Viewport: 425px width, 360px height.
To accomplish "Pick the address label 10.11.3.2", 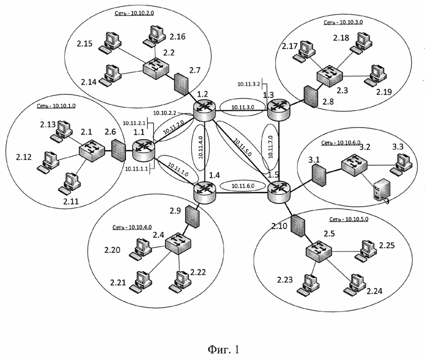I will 248,85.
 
